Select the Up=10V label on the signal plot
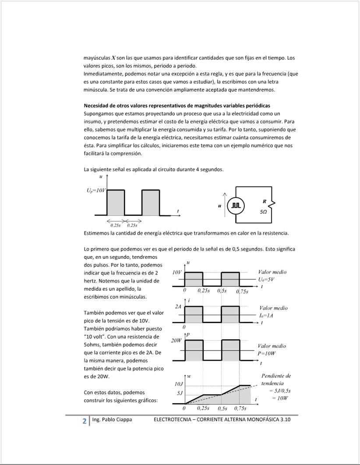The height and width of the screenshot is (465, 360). pos(96,191)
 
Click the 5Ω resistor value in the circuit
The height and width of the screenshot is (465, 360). pos(264,211)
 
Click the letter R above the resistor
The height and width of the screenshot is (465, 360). pos(265,201)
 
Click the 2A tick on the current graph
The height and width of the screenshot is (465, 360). pos(178,307)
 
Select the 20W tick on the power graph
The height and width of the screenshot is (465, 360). pos(176,340)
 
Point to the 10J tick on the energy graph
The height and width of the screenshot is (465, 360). pos(179,384)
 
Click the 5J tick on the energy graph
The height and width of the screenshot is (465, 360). pos(180,393)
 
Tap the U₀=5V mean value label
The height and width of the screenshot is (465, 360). pos(266,279)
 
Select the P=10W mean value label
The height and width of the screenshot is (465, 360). pos(266,353)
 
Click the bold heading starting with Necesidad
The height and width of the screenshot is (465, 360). pos(177,106)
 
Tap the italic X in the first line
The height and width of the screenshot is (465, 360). pos(113,58)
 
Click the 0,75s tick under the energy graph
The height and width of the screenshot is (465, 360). pos(240,408)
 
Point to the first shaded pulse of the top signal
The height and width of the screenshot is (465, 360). pos(116,202)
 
